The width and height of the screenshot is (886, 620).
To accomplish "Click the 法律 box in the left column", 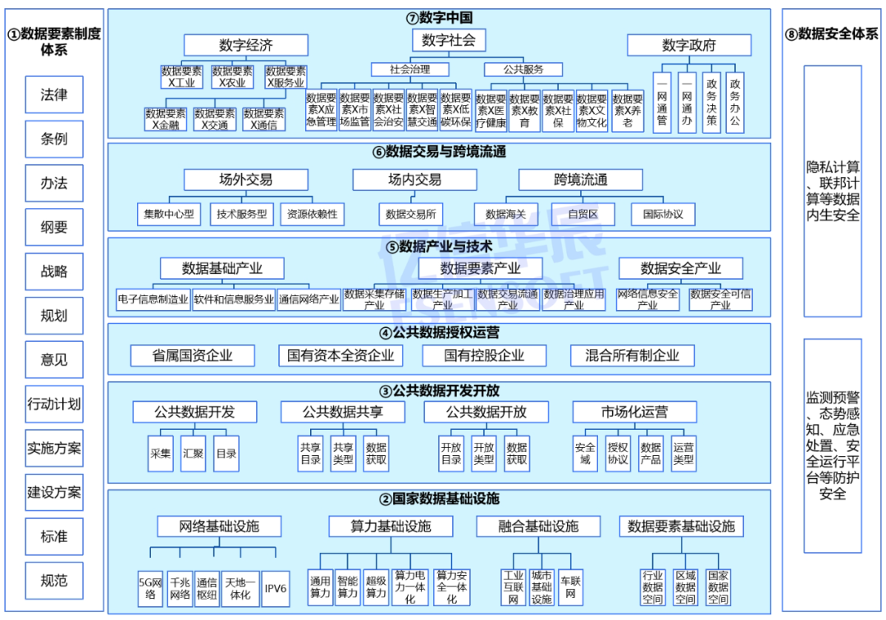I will click(54, 95).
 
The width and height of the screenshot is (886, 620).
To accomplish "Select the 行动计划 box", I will click(54, 403).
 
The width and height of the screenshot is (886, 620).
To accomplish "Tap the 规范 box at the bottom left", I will click(54, 581).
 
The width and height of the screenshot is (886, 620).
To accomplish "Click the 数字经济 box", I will click(246, 45).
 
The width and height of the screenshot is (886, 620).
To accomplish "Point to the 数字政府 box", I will click(689, 45).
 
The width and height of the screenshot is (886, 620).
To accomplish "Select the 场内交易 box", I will click(415, 180).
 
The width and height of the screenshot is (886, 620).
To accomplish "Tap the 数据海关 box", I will click(506, 214).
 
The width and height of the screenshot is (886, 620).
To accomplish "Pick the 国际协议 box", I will click(663, 214).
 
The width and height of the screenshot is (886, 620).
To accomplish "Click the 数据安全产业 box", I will click(681, 268).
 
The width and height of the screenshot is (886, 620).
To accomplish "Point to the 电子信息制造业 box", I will click(153, 299).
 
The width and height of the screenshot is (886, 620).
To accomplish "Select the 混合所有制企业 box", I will click(633, 355).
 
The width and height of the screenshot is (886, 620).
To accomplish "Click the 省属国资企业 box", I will click(193, 355).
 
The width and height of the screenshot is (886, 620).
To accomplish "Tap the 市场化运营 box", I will click(634, 412).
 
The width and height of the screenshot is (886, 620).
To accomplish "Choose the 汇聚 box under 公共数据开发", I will click(194, 453).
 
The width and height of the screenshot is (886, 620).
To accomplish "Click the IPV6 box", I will click(276, 588).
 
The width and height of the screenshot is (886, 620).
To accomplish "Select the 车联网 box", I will click(571, 587).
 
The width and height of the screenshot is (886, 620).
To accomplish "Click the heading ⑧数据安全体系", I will click(832, 34).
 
